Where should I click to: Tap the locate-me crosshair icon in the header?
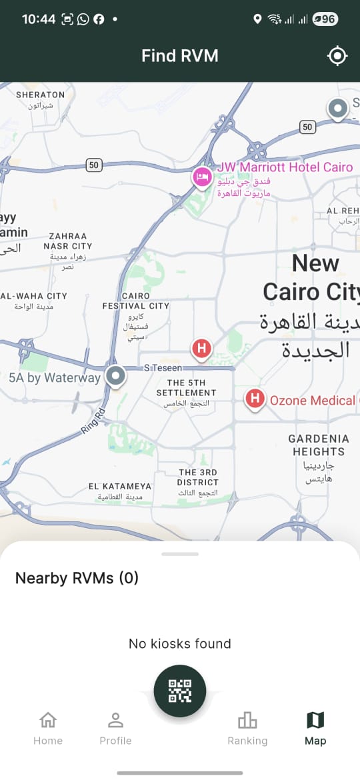click(x=338, y=56)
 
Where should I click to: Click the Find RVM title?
click(x=180, y=56)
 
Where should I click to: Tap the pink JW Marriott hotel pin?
click(x=201, y=177)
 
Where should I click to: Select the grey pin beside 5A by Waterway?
click(x=116, y=376)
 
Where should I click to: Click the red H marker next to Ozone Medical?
click(x=254, y=399)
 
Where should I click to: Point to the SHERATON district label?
click(x=40, y=95)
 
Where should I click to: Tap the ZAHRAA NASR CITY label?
click(x=67, y=241)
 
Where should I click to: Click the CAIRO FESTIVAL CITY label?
click(x=135, y=301)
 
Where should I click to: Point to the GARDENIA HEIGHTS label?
click(x=319, y=445)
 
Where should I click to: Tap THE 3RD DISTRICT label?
click(x=197, y=477)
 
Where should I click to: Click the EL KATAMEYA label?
click(x=120, y=487)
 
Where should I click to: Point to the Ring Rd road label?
click(x=93, y=421)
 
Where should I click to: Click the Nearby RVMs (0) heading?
click(x=77, y=578)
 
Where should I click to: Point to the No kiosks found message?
click(x=180, y=643)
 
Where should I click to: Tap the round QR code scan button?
click(x=180, y=691)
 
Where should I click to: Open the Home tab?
click(x=48, y=728)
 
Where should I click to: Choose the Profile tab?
click(x=115, y=728)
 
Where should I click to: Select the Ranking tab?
click(x=247, y=728)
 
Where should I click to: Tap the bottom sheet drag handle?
click(x=180, y=554)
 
